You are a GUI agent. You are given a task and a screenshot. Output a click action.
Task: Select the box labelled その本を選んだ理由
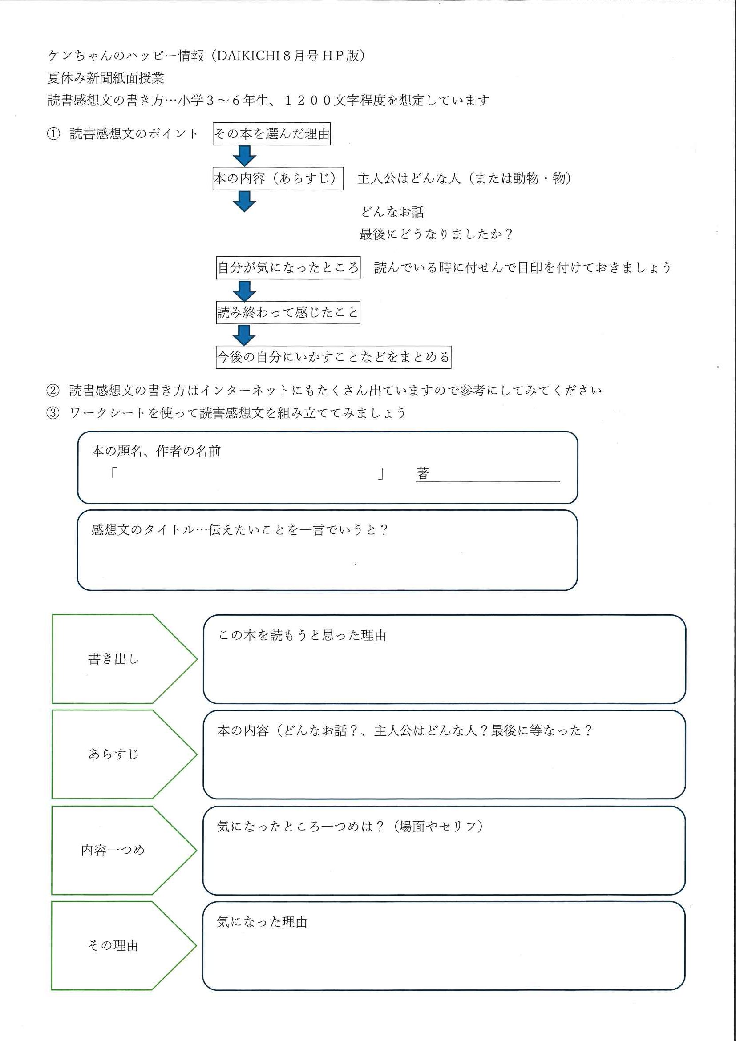[x=271, y=134]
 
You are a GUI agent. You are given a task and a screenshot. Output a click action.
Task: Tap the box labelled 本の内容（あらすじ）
[x=278, y=178]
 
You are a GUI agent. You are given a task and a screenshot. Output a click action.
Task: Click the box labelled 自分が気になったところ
[x=288, y=267]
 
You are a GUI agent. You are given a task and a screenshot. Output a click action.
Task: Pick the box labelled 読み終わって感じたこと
[x=288, y=312]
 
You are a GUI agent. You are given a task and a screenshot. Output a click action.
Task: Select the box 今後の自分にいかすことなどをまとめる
[x=333, y=357]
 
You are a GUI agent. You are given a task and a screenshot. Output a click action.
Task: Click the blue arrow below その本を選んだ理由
[x=244, y=156]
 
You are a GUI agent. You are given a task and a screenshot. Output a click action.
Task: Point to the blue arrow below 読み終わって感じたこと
[x=244, y=335]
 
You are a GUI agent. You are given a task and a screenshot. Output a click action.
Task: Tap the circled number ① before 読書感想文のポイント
[x=53, y=134]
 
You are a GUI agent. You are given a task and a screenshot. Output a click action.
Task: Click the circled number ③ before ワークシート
[x=53, y=413]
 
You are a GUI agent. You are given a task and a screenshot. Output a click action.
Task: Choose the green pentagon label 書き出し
[x=125, y=659]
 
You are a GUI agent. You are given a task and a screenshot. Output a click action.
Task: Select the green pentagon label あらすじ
[x=125, y=755]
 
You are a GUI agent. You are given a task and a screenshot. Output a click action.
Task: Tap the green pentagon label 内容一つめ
[x=124, y=850]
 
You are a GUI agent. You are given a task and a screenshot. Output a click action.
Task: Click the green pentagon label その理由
[x=124, y=946]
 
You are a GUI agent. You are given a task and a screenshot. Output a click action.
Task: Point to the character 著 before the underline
[x=423, y=474]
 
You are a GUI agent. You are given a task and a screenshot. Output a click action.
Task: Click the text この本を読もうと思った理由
[x=303, y=636]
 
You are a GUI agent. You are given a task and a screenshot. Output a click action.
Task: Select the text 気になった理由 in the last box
[x=262, y=922]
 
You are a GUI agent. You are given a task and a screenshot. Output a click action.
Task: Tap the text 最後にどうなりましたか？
[x=436, y=234]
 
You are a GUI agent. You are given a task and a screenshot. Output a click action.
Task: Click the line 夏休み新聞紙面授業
[x=105, y=78]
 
